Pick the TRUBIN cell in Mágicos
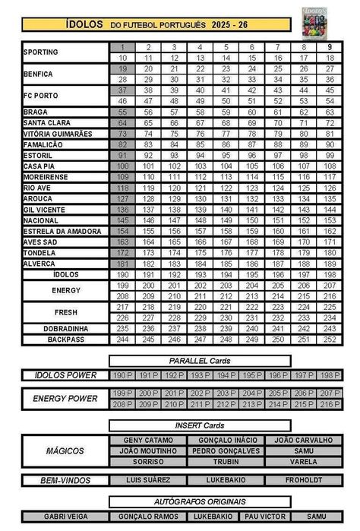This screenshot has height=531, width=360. (x=226, y=461)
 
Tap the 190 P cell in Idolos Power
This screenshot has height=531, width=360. (x=122, y=375)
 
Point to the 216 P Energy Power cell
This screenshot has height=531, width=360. (x=327, y=404)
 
